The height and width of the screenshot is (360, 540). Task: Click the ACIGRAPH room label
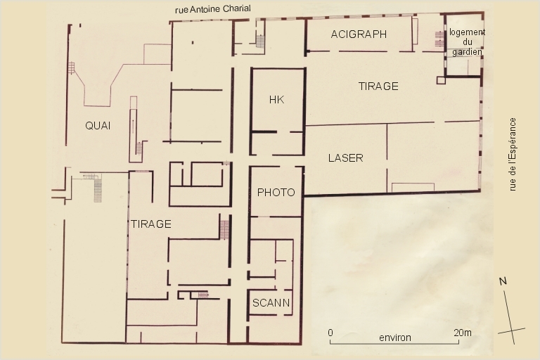click(x=359, y=34)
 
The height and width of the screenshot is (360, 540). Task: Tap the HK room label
click(x=276, y=100)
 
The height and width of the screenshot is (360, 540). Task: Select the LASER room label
click(x=345, y=158)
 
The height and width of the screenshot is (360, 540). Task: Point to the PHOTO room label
click(x=276, y=192)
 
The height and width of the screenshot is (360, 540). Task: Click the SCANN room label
click(x=271, y=303)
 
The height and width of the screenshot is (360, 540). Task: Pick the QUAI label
click(x=98, y=126)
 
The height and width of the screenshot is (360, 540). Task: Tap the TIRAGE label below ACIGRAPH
click(x=378, y=86)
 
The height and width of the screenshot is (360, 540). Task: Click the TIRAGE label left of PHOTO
click(x=151, y=224)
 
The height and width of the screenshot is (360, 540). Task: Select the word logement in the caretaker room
click(x=467, y=32)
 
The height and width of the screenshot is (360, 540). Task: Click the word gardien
click(x=467, y=52)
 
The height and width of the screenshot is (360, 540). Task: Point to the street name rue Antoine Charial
click(x=213, y=9)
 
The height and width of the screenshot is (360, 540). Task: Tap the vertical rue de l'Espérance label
click(x=513, y=154)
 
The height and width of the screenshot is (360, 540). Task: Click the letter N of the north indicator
click(x=503, y=281)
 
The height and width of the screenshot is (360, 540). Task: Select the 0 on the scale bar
click(x=330, y=333)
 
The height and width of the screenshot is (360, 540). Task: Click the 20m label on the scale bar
click(x=463, y=333)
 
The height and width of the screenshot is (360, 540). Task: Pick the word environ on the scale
click(x=395, y=337)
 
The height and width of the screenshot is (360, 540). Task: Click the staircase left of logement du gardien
click(x=439, y=39)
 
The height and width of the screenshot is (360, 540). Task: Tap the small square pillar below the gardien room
click(x=441, y=80)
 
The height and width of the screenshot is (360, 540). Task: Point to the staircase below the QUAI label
click(x=98, y=188)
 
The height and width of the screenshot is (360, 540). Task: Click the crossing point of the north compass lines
click(x=511, y=331)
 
